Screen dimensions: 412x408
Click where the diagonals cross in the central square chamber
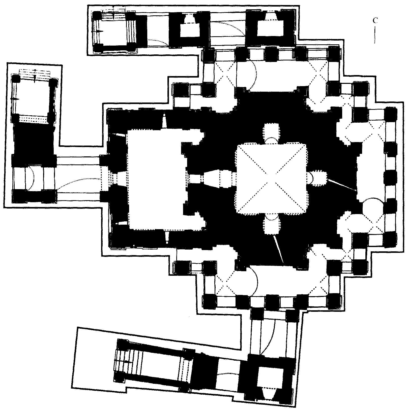tap(271, 178)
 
